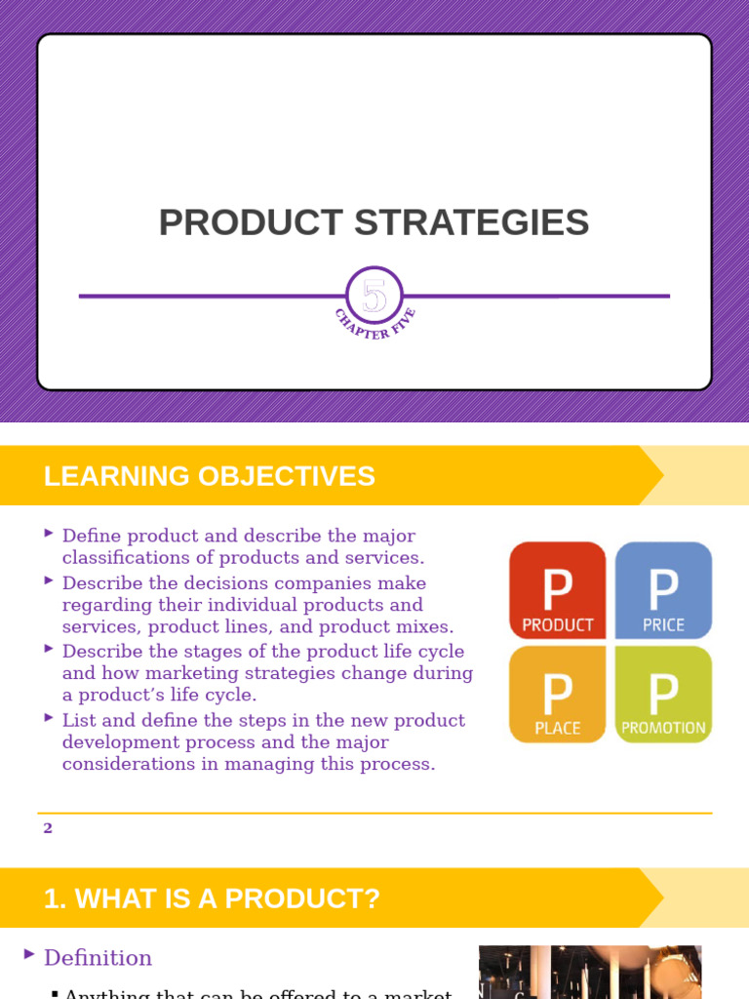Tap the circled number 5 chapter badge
pyautogui.click(x=374, y=295)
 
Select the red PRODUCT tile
pyautogui.click(x=558, y=590)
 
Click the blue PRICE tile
pyautogui.click(x=663, y=590)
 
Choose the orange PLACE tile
pyautogui.click(x=558, y=694)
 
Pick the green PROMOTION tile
pyautogui.click(x=663, y=694)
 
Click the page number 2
pyautogui.click(x=48, y=828)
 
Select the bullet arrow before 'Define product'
pyautogui.click(x=49, y=533)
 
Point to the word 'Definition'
pyautogui.click(x=98, y=958)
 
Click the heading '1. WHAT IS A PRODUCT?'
pyautogui.click(x=212, y=899)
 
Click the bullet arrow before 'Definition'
pyautogui.click(x=30, y=954)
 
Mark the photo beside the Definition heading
pyautogui.click(x=590, y=972)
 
